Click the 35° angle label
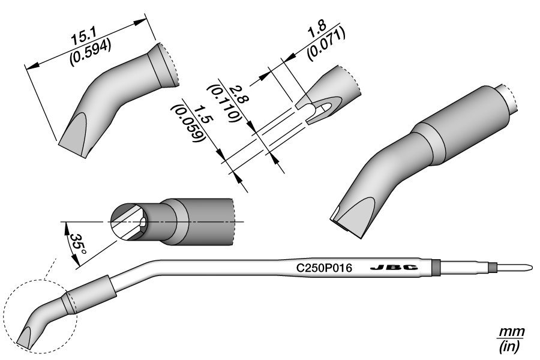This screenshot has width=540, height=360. pyautogui.click(x=76, y=245)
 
